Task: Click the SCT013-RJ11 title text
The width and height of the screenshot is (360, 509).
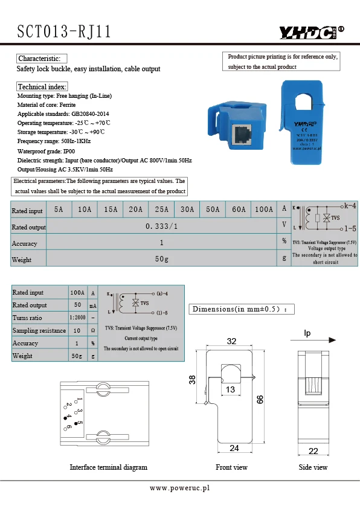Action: (x=64, y=32)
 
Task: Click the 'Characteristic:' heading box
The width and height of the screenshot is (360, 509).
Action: (x=41, y=59)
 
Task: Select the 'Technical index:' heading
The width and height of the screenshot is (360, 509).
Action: (x=42, y=87)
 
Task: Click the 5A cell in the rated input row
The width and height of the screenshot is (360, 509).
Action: (x=59, y=210)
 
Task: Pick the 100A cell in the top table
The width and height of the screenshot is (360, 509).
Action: (x=263, y=210)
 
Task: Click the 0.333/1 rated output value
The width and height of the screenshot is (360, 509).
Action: (x=162, y=226)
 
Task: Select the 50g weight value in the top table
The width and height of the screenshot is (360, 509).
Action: (x=162, y=259)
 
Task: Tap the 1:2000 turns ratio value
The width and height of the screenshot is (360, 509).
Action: (x=77, y=318)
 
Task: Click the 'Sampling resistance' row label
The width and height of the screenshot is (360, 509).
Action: (x=39, y=330)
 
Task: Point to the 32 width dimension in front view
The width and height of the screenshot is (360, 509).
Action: (x=231, y=341)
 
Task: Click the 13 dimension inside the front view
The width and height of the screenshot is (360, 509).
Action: (x=230, y=390)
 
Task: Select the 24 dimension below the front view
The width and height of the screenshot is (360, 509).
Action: (x=234, y=448)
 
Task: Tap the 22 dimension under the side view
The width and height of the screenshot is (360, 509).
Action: (x=313, y=451)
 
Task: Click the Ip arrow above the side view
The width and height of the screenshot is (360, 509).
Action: (x=314, y=339)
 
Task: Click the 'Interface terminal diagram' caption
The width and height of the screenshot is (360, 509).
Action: (x=108, y=467)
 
